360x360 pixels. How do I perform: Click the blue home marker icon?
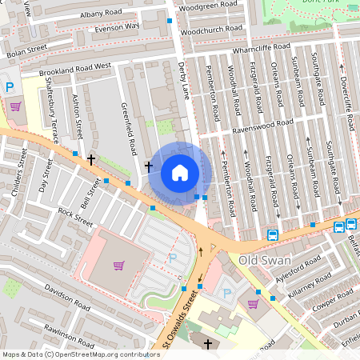tap(180, 173)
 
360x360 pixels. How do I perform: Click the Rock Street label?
tap(76, 217)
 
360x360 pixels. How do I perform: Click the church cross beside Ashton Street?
tap(92, 160)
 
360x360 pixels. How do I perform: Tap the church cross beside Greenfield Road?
tap(148, 166)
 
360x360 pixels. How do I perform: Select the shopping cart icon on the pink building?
tap(119, 266)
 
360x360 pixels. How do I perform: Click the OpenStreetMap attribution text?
tap(80, 354)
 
